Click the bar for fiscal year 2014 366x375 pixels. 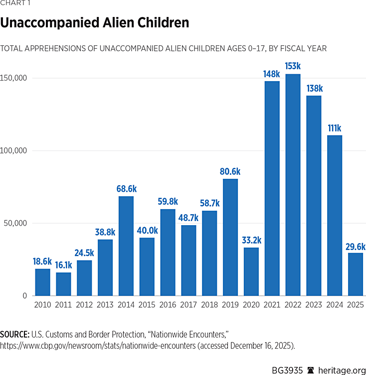pos(126,246)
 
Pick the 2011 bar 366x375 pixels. pos(63,284)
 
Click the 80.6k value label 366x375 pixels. pos(230,172)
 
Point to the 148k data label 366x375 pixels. pos(272,74)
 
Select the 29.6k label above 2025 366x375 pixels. pos(356,247)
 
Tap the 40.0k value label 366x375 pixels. pos(147,231)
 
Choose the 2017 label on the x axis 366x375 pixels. pos(188,304)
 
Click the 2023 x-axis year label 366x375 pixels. pos(314,304)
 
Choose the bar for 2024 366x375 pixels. pos(335,215)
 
